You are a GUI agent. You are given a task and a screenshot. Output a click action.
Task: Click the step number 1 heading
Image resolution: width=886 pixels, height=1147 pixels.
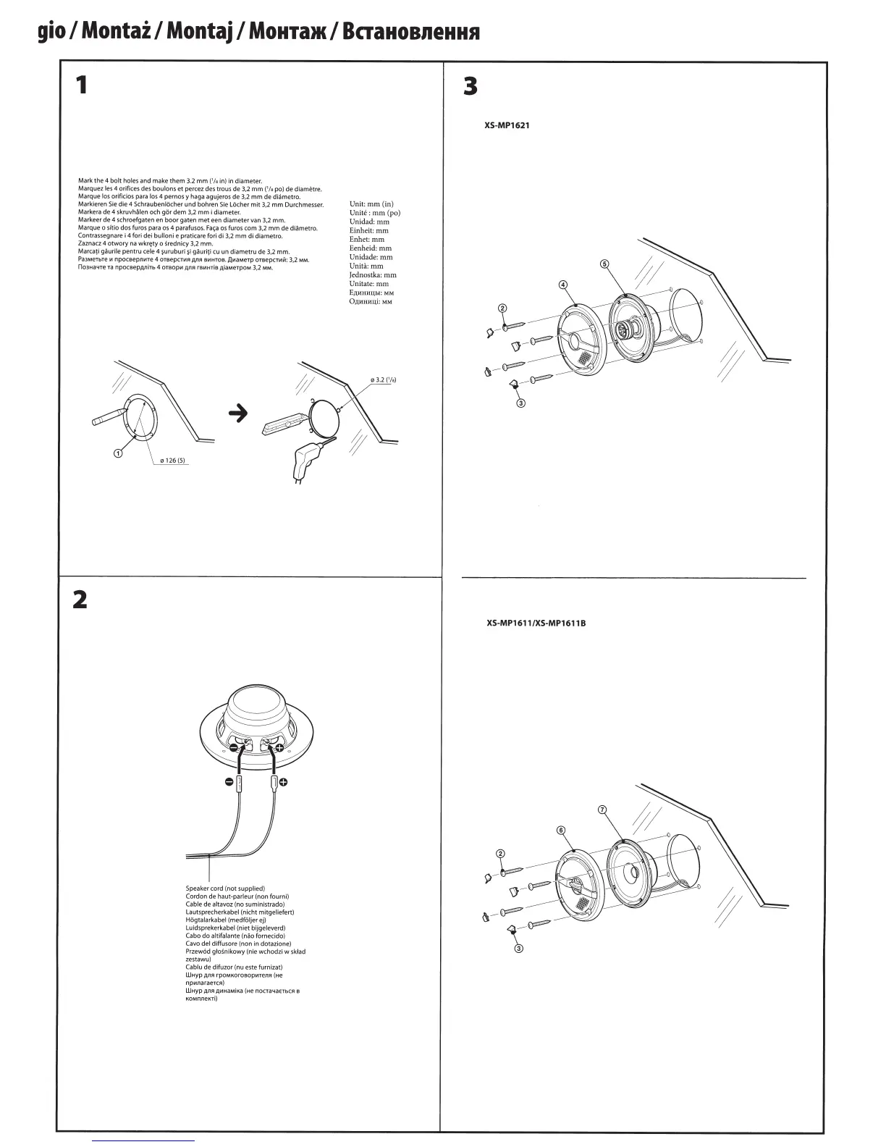pos(82,85)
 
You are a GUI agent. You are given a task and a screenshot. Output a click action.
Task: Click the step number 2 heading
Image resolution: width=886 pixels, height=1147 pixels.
pos(80,600)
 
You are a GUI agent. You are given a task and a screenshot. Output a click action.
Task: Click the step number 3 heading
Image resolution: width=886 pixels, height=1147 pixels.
pos(471,87)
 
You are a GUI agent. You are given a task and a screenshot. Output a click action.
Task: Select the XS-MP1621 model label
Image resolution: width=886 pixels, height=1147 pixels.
pos(507,125)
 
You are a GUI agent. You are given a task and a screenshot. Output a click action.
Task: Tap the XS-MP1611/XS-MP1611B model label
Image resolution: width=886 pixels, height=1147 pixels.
pos(536,622)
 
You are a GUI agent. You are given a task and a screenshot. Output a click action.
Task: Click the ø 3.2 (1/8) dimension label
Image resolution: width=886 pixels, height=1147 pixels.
pos(382,379)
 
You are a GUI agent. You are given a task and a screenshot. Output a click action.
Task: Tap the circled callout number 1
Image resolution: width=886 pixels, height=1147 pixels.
pos(117,453)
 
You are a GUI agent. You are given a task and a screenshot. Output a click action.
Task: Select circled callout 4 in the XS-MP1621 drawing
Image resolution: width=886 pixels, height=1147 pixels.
pos(563,285)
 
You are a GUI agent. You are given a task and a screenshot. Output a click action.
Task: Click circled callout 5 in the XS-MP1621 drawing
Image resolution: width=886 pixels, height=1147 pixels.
pos(604,264)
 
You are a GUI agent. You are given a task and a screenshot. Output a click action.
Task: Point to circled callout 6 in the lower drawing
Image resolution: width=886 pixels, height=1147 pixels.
pos(560,830)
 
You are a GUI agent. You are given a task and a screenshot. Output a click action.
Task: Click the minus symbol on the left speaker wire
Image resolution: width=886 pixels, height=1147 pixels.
pos(229,782)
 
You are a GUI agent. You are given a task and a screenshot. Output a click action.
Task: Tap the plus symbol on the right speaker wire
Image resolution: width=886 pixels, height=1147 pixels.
pos(283,782)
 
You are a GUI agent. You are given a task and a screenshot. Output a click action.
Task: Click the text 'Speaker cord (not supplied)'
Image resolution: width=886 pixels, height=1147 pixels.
pos(225,888)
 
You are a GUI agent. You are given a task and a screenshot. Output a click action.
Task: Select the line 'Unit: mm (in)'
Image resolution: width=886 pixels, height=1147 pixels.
pos(371,204)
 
